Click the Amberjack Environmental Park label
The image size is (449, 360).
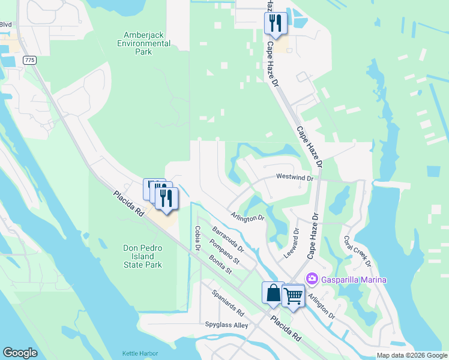pyautogui.click(x=144, y=44)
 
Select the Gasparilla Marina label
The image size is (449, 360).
pyautogui.click(x=354, y=280)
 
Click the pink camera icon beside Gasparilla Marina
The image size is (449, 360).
pyautogui.click(x=312, y=279)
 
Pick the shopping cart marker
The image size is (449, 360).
pyautogui.click(x=293, y=295)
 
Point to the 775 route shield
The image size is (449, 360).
pyautogui.click(x=29, y=61)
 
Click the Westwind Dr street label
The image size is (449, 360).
pyautogui.click(x=295, y=177)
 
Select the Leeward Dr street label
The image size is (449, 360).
pyautogui.click(x=296, y=239)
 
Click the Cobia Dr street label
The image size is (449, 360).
pyautogui.click(x=197, y=238)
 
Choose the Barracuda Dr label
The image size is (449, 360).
pyautogui.click(x=228, y=239)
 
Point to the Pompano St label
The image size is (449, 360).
pyautogui.click(x=224, y=252)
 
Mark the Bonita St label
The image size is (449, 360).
pyautogui.click(x=220, y=265)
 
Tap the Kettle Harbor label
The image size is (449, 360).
pyautogui.click(x=139, y=353)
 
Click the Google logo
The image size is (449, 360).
pyautogui.click(x=20, y=353)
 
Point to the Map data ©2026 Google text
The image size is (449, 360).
pyautogui.click(x=411, y=355)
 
